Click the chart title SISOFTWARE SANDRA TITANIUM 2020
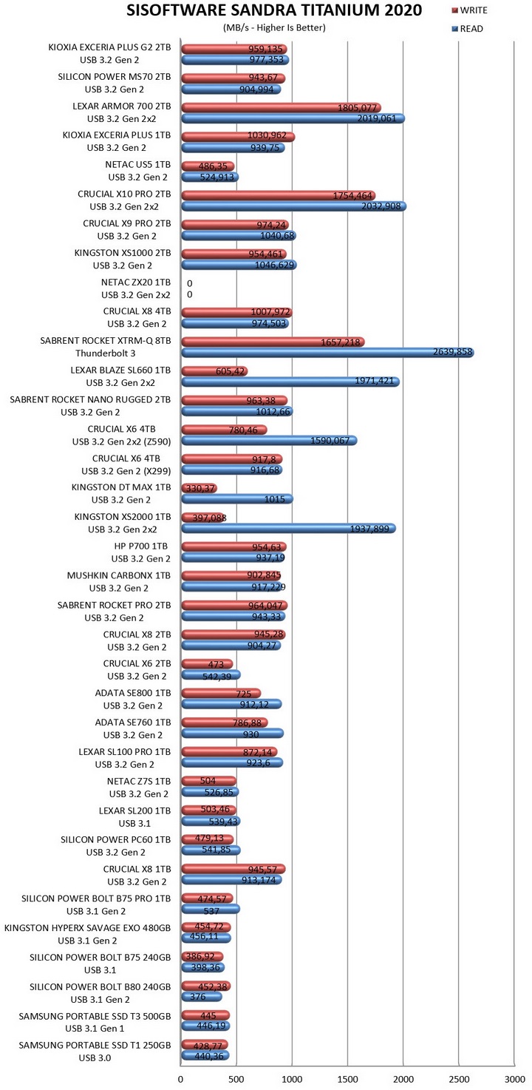click(265, 10)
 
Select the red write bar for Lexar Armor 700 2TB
click(281, 107)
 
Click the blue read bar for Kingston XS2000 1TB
click(288, 529)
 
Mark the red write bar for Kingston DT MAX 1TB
click(199, 488)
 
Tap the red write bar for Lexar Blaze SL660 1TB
click(214, 370)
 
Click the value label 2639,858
click(451, 353)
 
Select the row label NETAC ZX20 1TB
click(136, 282)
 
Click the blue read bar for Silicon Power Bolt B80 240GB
click(201, 997)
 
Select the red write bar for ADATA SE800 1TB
click(220, 693)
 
